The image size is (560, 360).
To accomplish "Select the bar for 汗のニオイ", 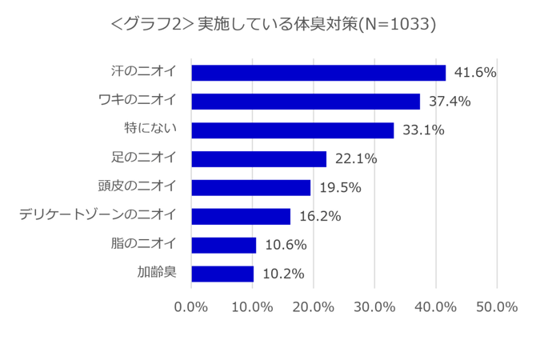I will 318,73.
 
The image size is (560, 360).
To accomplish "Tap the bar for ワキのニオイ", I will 306,102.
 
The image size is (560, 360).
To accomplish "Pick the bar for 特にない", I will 293,130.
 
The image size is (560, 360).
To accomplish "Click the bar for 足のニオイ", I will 259,159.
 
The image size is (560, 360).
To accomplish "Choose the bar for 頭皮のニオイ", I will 251,188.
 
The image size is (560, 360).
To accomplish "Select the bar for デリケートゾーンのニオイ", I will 241,217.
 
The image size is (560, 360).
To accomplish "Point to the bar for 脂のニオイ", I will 224,246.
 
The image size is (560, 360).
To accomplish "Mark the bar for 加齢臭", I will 222,274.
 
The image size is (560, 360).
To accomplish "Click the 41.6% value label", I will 475,73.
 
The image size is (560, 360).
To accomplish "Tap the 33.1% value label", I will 423,130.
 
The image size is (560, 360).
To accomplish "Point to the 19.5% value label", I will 340,188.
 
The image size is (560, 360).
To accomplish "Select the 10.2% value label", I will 283,274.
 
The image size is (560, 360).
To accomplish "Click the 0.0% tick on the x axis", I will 191,307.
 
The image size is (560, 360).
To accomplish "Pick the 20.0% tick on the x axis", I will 314,307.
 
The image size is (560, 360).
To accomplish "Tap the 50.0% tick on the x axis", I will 497,307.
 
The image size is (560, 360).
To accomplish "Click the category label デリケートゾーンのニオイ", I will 98,215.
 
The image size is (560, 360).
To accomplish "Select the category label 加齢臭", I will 156,273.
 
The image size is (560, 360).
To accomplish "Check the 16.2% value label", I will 320,217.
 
